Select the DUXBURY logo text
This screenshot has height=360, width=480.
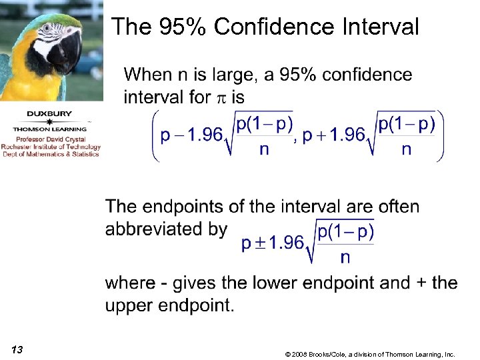pyautogui.click(x=50, y=113)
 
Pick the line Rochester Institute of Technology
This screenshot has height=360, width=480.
pyautogui.click(x=50, y=147)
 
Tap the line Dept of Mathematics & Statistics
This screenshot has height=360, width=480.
pyautogui.click(x=50, y=154)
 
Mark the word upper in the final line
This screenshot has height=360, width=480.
pyautogui.click(x=129, y=306)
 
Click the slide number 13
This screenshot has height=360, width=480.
pyautogui.click(x=17, y=350)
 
